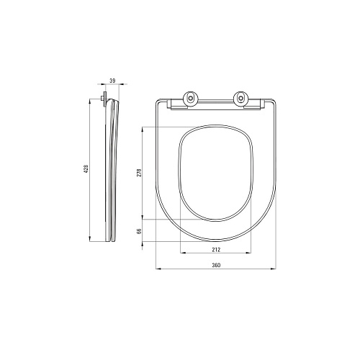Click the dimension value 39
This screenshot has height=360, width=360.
112,81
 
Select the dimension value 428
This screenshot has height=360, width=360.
86,168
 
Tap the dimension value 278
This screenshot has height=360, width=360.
139,173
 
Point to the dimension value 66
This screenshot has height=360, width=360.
139,231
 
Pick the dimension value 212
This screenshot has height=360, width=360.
216,250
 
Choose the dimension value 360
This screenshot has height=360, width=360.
216,265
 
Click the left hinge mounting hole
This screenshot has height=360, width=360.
191,98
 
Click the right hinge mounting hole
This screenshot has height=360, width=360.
240,98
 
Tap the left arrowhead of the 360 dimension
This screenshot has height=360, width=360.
158,269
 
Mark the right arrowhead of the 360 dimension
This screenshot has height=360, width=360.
274,269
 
